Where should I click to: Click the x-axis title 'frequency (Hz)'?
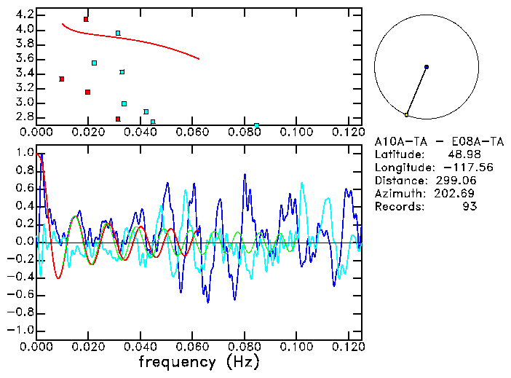pyautogui.click(x=199, y=361)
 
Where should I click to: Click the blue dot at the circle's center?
pyautogui.click(x=427, y=67)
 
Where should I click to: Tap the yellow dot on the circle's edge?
pyautogui.click(x=406, y=115)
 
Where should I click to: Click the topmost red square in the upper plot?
pyautogui.click(x=86, y=19)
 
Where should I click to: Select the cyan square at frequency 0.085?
pyautogui.click(x=257, y=126)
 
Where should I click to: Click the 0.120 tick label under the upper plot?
pyautogui.click(x=347, y=133)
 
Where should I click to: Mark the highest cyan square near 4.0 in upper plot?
pyautogui.click(x=118, y=33)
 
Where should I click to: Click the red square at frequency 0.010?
pyautogui.click(x=62, y=79)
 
